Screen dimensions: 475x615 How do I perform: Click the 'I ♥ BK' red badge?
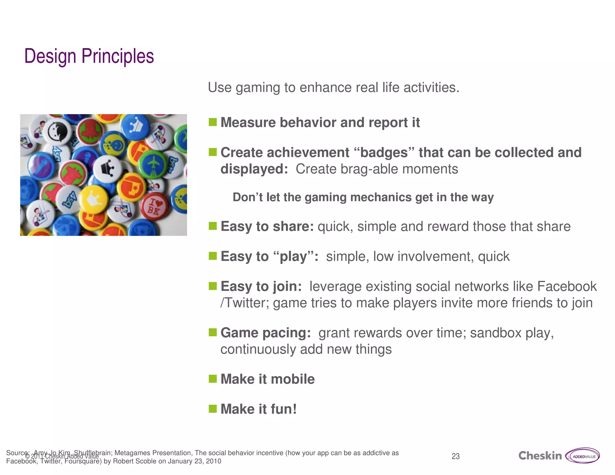tap(155, 206)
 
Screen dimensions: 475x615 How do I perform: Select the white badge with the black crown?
tap(107, 169)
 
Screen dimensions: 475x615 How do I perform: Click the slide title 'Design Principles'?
tap(89, 56)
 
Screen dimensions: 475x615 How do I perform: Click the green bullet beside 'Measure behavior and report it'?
tap(213, 122)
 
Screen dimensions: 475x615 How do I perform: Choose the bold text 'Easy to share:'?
tap(267, 226)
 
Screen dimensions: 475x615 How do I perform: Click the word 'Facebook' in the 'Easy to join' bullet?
tap(567, 286)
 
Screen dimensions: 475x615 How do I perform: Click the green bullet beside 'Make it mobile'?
tap(213, 379)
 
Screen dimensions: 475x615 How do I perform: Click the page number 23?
tap(456, 456)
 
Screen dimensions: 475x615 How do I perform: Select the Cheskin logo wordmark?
tap(540, 456)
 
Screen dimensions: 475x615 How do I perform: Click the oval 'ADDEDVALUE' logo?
tap(583, 456)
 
